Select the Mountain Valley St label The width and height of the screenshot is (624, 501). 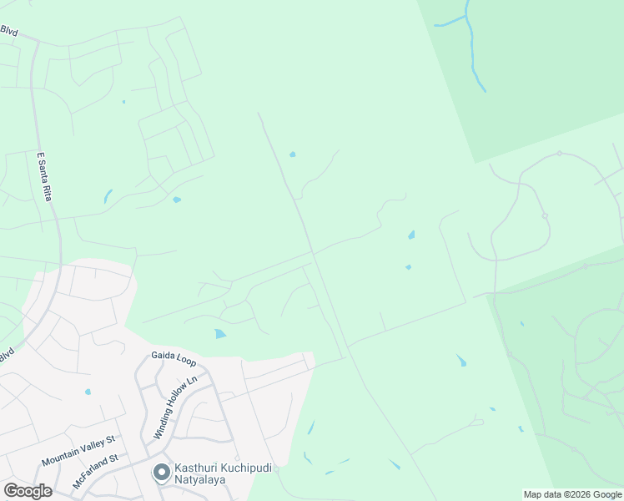[x=78, y=450]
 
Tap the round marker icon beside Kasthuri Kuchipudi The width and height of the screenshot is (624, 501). [x=161, y=472]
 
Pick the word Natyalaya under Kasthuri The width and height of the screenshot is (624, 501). [x=200, y=479]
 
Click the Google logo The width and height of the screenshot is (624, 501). [x=28, y=490]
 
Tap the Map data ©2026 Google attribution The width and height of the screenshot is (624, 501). [x=572, y=494]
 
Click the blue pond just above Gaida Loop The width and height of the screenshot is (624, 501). [x=219, y=334]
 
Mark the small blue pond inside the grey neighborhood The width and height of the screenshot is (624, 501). [x=88, y=391]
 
